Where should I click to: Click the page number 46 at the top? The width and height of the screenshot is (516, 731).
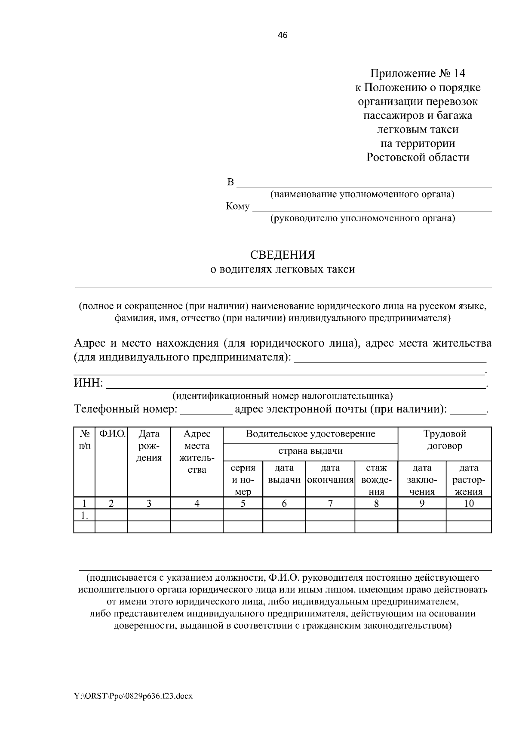tap(283, 35)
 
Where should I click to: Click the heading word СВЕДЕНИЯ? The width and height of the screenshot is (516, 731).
tap(283, 255)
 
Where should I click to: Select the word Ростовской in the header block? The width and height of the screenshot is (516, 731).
tap(396, 157)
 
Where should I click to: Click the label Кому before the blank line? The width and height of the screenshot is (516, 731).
tap(237, 207)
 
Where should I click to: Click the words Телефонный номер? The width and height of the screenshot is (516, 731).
tap(126, 409)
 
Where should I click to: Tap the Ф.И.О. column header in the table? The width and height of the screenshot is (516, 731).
tap(111, 434)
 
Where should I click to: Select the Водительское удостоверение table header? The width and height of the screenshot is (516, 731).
tap(310, 434)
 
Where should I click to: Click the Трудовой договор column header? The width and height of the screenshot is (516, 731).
tap(445, 440)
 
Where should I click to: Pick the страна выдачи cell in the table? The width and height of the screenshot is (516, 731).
tap(310, 451)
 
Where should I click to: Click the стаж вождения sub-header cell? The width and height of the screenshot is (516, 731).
tap(376, 480)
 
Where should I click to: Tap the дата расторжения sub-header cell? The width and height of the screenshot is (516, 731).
tap(469, 480)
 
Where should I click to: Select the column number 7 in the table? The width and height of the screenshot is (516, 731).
tap(330, 503)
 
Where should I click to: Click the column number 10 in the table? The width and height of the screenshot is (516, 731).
tap(469, 503)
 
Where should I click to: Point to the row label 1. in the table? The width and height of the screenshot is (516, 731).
tap(85, 515)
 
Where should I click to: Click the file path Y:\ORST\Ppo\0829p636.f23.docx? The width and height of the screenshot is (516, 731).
tap(133, 696)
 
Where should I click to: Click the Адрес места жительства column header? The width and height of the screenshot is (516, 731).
tap(197, 452)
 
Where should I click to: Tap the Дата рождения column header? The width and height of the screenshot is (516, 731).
tap(149, 446)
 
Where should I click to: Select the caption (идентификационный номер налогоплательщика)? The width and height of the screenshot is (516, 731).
tap(283, 395)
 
